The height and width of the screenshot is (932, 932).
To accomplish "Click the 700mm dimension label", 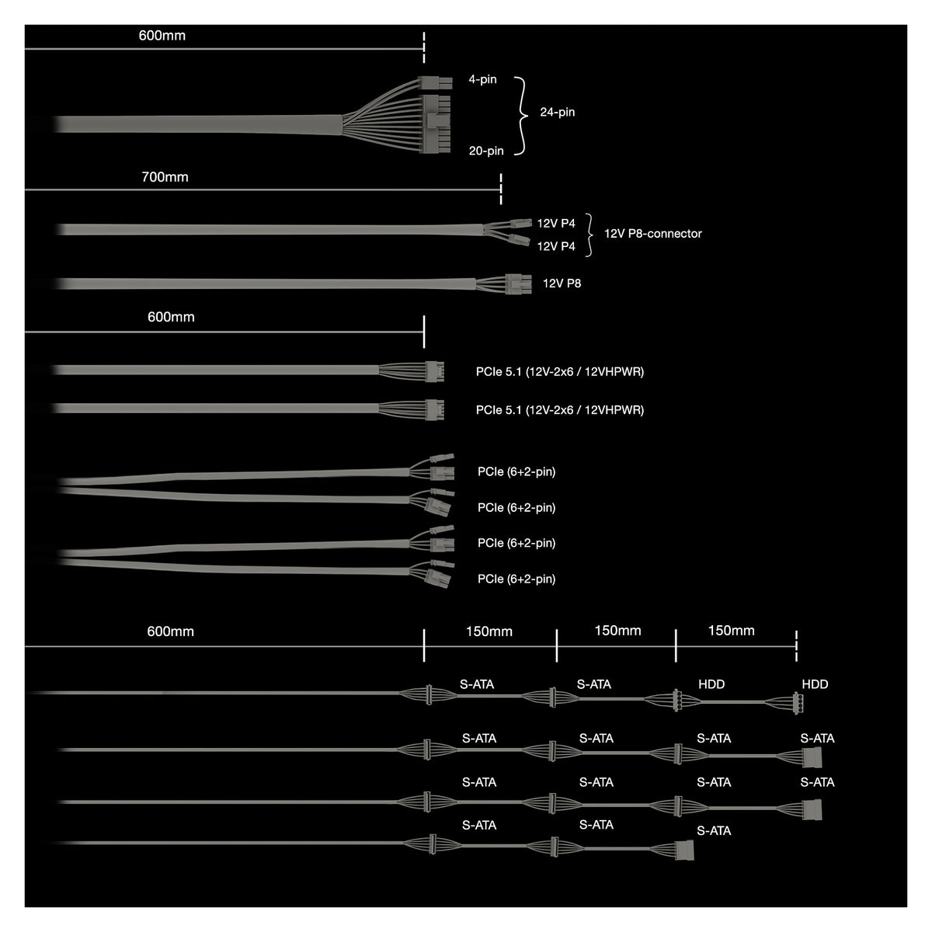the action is point(165,177).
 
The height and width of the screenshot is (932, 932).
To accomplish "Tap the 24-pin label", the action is point(557,112).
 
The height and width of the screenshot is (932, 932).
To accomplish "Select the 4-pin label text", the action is point(482,79).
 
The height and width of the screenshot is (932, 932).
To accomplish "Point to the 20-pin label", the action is point(486,151).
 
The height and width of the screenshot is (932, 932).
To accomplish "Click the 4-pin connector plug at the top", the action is point(435,83).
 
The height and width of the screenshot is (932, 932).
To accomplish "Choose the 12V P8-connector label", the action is point(652,234).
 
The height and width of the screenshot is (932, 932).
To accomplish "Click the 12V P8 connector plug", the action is point(518,284).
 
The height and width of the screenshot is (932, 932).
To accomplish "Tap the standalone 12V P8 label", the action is point(562,283).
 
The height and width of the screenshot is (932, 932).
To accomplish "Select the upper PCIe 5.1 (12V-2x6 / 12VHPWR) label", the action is point(559,372).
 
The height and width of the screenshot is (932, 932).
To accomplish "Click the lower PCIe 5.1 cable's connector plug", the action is point(434,409).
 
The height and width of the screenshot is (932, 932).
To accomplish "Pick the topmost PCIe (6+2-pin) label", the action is point(516,471).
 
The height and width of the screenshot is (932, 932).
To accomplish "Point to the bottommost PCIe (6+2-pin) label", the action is point(516,579).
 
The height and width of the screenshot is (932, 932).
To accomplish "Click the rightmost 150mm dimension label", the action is point(731,631).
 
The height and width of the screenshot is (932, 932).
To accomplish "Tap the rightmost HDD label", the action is point(815,684).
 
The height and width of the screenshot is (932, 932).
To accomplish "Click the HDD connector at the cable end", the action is point(798,703).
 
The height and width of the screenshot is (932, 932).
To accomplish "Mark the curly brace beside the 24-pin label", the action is point(521,116).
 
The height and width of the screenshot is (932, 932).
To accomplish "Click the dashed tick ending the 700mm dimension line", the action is point(501,189).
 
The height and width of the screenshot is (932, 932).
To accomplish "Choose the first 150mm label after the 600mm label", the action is point(489,631).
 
